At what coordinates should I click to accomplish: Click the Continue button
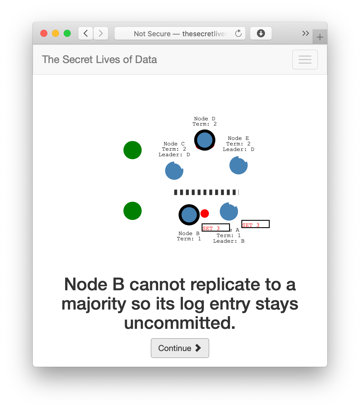(180, 348)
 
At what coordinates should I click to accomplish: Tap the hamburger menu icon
(305, 60)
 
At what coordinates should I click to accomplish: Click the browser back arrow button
(86, 33)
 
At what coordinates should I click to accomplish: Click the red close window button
(44, 33)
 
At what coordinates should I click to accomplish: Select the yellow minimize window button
(56, 33)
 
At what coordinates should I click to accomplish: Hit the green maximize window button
(67, 33)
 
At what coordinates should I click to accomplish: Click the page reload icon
(238, 33)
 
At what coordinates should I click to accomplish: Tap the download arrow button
(261, 33)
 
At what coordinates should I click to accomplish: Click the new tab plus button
(320, 37)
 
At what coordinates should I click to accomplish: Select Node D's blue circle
(205, 140)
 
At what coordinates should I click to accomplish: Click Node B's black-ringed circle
(189, 215)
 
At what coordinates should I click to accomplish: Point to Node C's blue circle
(174, 171)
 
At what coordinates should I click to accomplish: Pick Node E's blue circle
(238, 165)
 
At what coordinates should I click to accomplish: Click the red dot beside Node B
(205, 213)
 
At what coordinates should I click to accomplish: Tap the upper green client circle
(133, 150)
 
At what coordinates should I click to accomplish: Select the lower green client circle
(133, 211)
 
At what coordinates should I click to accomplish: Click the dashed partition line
(206, 192)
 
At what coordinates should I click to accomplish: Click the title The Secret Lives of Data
(99, 60)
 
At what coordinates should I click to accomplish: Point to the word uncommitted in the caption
(180, 323)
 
